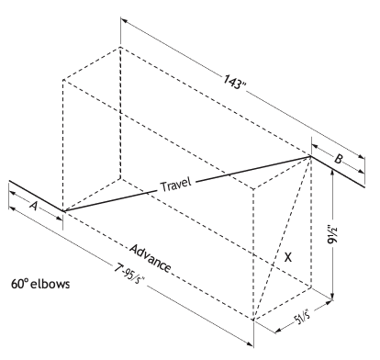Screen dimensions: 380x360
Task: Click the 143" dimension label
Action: (234, 82)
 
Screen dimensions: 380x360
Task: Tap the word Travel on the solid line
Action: (176, 185)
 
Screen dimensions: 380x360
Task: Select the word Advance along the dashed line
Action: (150, 258)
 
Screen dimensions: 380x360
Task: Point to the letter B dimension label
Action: (338, 159)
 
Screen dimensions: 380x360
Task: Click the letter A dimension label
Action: (34, 206)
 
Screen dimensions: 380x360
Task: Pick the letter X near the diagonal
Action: (288, 257)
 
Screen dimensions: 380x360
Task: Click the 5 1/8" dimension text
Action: (302, 317)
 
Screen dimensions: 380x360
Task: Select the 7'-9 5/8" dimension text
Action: (129, 274)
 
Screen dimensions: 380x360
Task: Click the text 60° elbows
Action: (40, 284)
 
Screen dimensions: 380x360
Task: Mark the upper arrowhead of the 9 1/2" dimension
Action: (332, 172)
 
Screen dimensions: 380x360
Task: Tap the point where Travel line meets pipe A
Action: (63, 211)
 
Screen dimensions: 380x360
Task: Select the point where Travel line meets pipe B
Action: (310, 156)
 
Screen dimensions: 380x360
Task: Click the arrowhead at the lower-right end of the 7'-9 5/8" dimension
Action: (250, 344)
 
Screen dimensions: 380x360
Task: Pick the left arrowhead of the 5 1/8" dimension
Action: (278, 330)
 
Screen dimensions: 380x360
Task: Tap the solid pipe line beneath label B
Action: (338, 172)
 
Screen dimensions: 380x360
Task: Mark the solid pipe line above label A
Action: (36, 196)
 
